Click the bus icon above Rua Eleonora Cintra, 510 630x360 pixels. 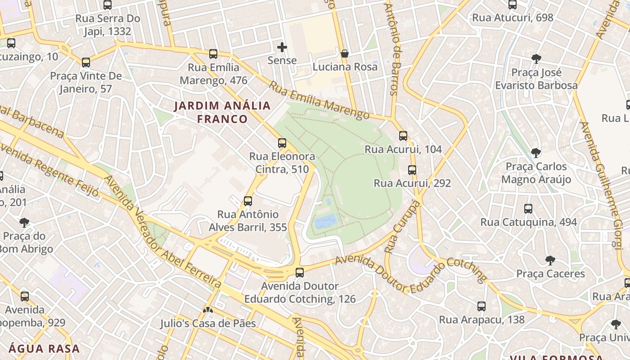click(x=282, y=143)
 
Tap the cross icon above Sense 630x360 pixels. click(x=282, y=47)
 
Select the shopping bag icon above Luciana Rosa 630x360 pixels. click(x=345, y=54)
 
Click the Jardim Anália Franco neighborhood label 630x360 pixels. click(x=222, y=112)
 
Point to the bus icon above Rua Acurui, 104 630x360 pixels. click(x=403, y=135)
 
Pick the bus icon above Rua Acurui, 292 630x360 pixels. click(x=412, y=170)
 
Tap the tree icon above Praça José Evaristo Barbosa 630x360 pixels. click(x=536, y=58)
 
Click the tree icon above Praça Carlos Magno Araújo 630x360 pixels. click(x=535, y=153)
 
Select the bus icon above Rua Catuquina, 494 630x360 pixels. click(x=528, y=208)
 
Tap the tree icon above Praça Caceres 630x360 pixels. click(x=550, y=260)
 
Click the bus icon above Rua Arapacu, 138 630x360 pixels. click(x=481, y=306)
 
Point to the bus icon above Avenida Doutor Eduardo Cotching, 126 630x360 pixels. click(x=300, y=272)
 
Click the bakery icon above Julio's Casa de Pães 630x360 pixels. click(x=208, y=310)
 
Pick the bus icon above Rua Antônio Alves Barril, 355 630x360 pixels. click(x=247, y=201)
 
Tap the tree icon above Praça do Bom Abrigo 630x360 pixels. click(x=24, y=222)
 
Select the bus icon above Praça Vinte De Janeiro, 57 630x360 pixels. click(x=86, y=62)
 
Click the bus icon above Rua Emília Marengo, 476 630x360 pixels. click(x=213, y=54)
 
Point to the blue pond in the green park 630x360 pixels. click(x=326, y=221)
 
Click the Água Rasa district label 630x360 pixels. click(x=44, y=348)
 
